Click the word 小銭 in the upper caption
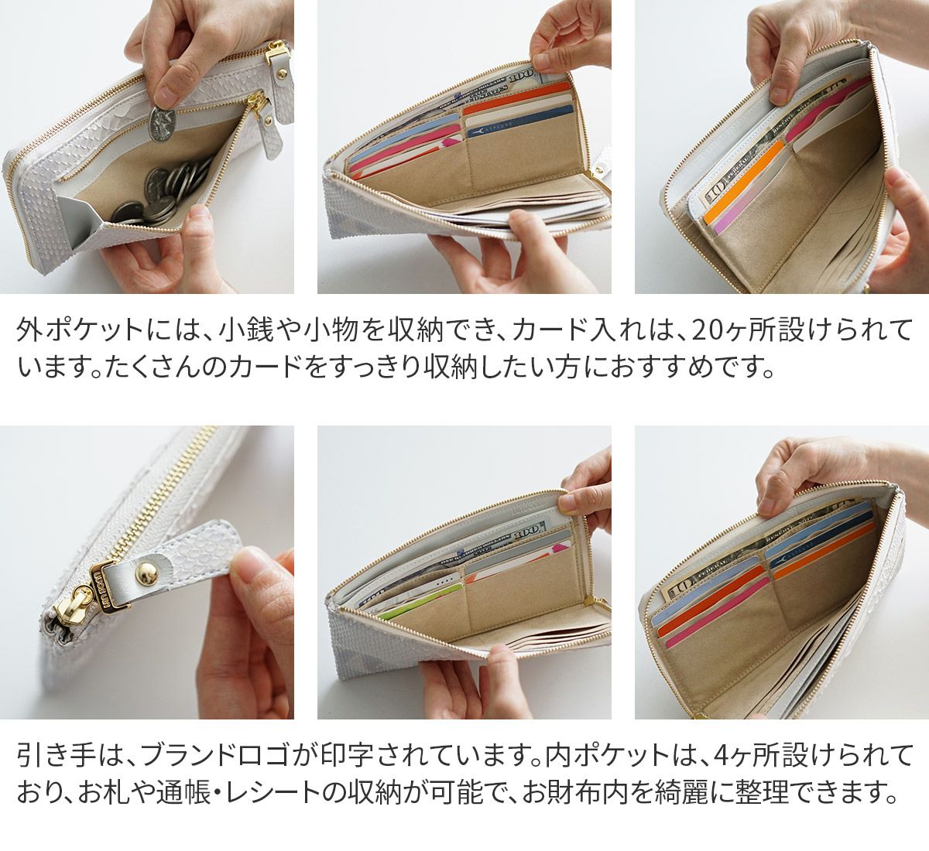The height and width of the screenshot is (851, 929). click(x=236, y=330)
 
